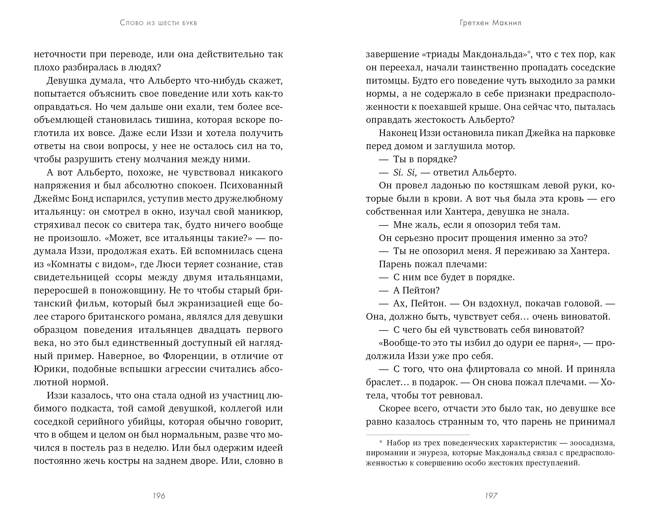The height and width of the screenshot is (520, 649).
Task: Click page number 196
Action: point(159,496)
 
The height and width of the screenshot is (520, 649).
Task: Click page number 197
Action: point(491,496)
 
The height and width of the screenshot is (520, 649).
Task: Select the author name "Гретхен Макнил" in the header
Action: point(491,23)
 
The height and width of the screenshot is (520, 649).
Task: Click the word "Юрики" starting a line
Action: point(50,369)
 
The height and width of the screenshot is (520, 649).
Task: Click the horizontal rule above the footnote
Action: point(418,435)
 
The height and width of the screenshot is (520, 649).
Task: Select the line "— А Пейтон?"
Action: point(409,290)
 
